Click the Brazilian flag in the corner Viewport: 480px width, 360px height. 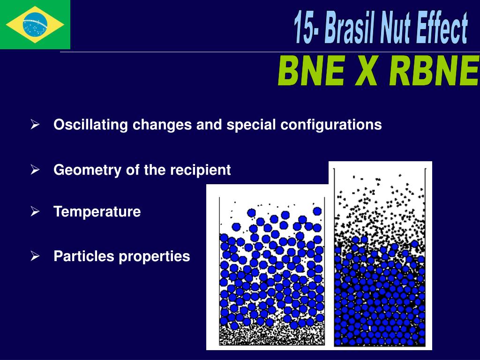click(x=35, y=24)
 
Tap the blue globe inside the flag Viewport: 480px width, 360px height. click(x=35, y=24)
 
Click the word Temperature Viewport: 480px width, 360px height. click(x=97, y=212)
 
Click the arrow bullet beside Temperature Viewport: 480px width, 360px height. click(x=34, y=212)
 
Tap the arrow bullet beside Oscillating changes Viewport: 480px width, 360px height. click(x=34, y=125)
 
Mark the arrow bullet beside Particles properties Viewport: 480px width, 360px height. click(x=34, y=256)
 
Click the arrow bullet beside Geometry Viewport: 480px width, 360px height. click(x=34, y=170)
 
